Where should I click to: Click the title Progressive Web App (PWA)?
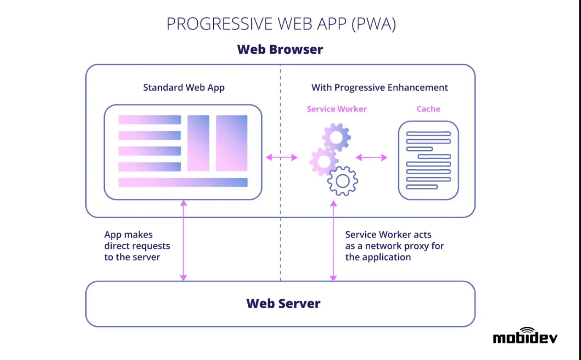coord(281,24)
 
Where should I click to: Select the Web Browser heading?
coord(280,49)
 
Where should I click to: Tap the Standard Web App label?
coord(184,88)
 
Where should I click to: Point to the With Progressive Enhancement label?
coord(380,88)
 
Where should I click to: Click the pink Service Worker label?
coord(337,109)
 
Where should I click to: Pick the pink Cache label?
coord(428,109)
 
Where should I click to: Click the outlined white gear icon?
coord(342,181)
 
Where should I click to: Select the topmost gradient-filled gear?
coord(336,136)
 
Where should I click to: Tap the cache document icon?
coord(428,160)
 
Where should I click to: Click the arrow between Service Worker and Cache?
coord(372,157)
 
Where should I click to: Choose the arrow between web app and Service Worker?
coord(282,157)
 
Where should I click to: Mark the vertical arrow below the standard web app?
coord(183,241)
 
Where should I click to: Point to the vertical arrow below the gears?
coord(334,241)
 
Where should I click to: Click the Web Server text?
coord(283,303)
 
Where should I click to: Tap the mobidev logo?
coord(525,336)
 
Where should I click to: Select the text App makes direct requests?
coord(137,246)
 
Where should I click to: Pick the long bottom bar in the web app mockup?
coord(183,182)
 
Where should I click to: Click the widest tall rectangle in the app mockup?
coord(232,143)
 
